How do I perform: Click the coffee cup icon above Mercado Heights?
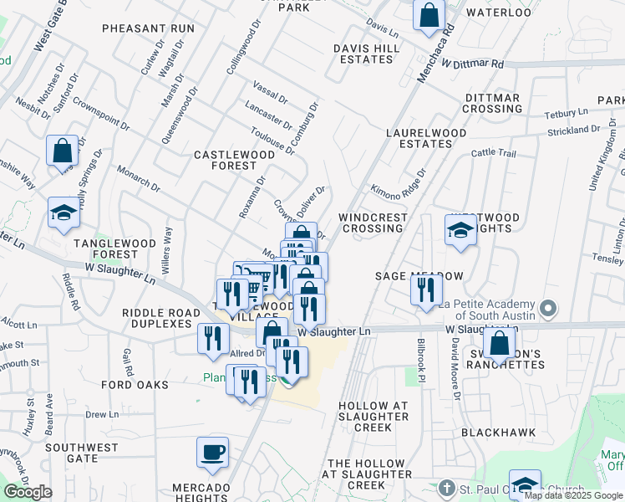coord(212,452)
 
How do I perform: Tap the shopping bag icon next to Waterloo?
coord(429,14)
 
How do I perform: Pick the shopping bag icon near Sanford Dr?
coord(62,151)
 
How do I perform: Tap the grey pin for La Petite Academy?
coord(548,309)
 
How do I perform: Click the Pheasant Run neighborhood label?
coord(148,28)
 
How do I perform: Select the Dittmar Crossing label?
coord(492,104)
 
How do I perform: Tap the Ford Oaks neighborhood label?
coord(135,385)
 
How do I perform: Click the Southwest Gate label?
coord(82,453)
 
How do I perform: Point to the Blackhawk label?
coord(494,433)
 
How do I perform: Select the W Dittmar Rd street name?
coord(473,64)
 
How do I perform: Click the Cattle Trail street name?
coord(495,153)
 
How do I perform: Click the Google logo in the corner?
coord(28,492)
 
